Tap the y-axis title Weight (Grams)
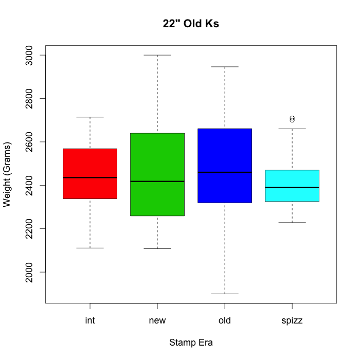tap(7, 174)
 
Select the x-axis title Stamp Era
tap(191, 343)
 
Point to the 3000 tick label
tap(28, 55)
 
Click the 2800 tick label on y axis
tap(28, 98)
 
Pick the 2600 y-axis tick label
tap(28, 141)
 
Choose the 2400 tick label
tap(28, 185)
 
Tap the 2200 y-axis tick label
tap(28, 228)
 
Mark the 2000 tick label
tap(28, 272)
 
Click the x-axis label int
tap(90, 321)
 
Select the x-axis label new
tap(157, 321)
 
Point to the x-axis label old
tap(225, 321)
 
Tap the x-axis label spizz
tap(292, 321)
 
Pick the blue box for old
tap(225, 154)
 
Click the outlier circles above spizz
tap(292, 119)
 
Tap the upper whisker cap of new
tap(157, 55)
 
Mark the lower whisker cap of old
tap(225, 294)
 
